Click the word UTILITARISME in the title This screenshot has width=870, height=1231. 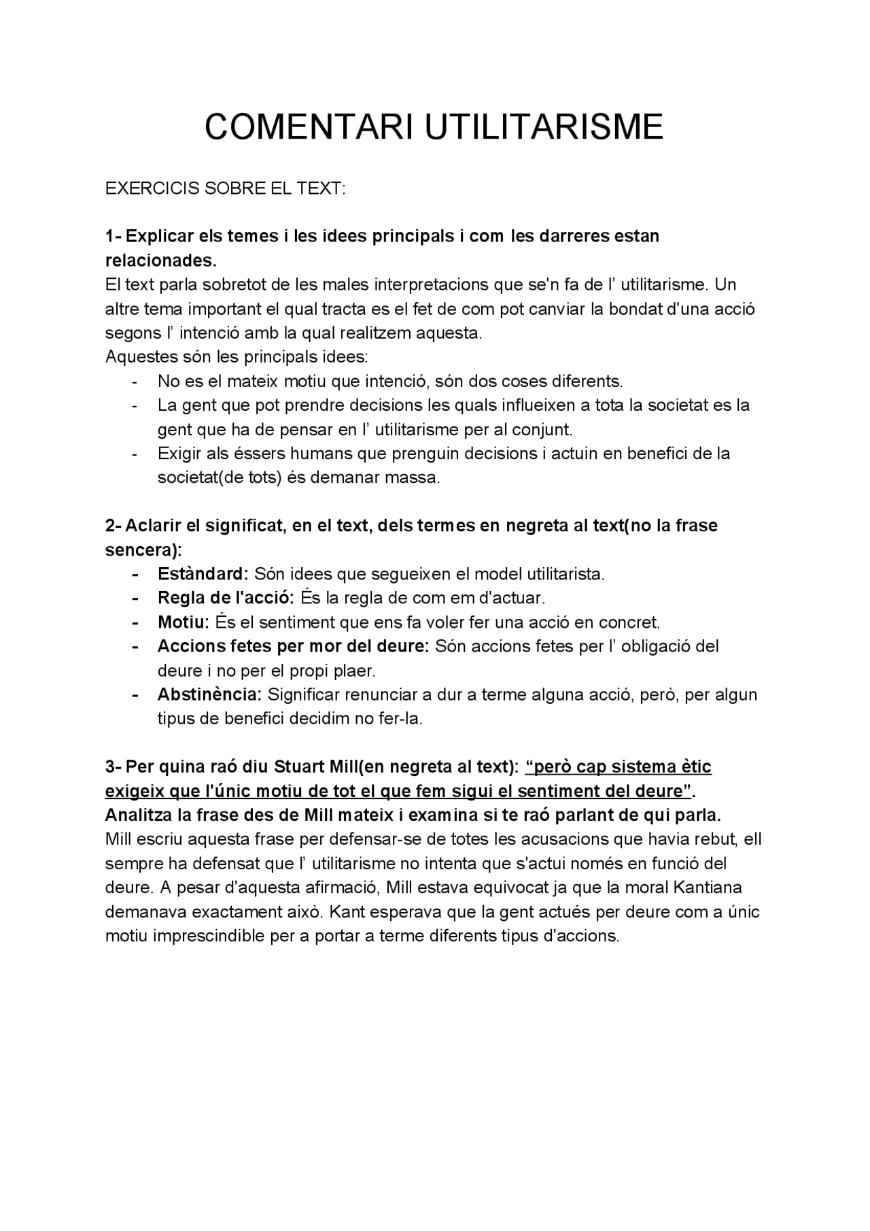[544, 127]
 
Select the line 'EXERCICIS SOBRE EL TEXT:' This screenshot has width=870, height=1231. [226, 188]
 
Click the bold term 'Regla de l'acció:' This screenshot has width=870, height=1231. [225, 598]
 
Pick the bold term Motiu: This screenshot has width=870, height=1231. [184, 622]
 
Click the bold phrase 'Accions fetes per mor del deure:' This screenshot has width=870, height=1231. [293, 646]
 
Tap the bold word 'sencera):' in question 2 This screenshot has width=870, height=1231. [143, 550]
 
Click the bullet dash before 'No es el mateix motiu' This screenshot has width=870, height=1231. [135, 381]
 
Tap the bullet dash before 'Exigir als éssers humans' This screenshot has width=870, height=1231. [135, 453]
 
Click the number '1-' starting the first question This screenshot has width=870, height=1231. [113, 237]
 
